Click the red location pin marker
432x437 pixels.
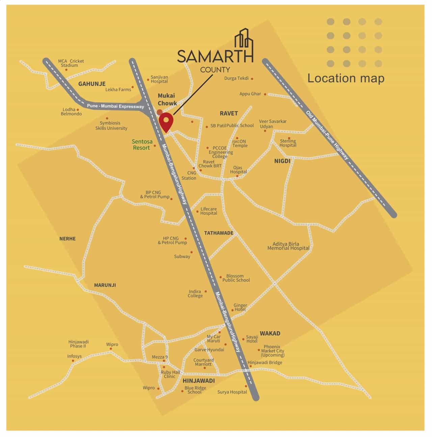166,123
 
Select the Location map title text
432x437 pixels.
346,78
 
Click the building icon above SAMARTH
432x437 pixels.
244,39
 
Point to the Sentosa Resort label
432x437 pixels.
142,145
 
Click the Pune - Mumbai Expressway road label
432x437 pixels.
115,106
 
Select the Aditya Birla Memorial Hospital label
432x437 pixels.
288,246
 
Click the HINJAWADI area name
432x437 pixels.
199,381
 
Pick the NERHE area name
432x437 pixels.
67,239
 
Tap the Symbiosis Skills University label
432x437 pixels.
111,126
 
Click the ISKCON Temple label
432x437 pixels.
240,143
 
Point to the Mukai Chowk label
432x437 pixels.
167,99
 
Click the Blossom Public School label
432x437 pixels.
236,278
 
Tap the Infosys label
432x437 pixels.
74,356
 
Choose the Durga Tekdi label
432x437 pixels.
236,78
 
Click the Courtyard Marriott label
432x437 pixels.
203,362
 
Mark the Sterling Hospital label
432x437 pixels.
288,143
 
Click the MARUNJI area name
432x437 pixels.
105,285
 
